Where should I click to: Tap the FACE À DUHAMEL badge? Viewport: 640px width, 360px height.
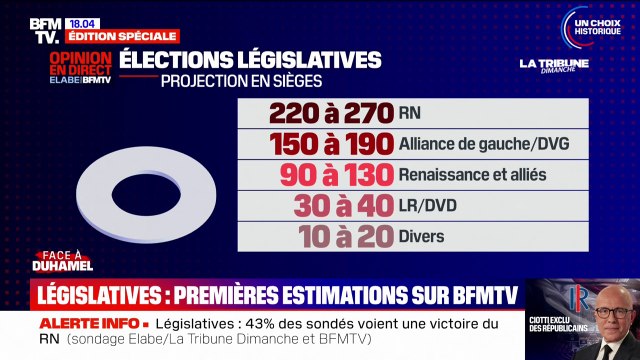click(70, 262)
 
